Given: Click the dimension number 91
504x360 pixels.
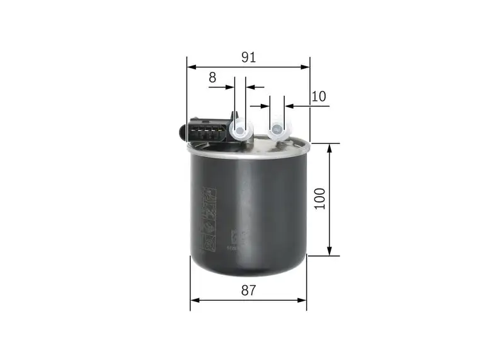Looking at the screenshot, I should coord(248,57).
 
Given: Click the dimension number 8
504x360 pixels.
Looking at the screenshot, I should coord(212,78).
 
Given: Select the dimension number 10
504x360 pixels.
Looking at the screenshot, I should coord(318,96).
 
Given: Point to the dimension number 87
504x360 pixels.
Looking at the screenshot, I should coord(248,291).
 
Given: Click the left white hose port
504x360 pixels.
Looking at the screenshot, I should coord(241,131).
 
